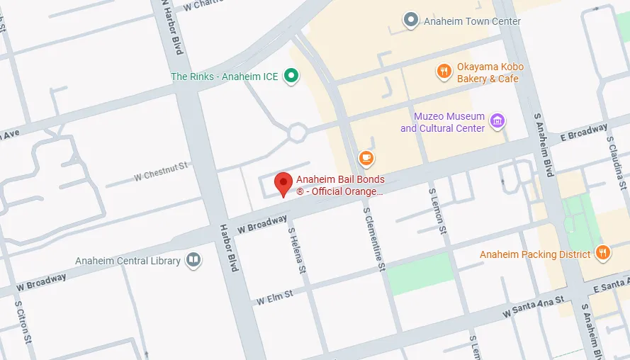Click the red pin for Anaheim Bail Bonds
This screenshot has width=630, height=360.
(x=283, y=183)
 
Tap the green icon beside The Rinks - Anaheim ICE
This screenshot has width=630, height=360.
(x=291, y=76)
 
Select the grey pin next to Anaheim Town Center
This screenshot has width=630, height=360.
(x=410, y=21)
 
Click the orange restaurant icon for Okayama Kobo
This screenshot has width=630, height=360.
(x=443, y=71)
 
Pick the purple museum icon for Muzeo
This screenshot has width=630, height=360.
(x=497, y=121)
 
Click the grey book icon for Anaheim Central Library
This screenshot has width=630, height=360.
(x=193, y=261)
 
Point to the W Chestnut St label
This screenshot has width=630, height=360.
(x=161, y=171)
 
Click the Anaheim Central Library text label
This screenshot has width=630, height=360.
(x=128, y=261)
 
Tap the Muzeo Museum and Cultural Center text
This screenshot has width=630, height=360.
(x=442, y=122)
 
